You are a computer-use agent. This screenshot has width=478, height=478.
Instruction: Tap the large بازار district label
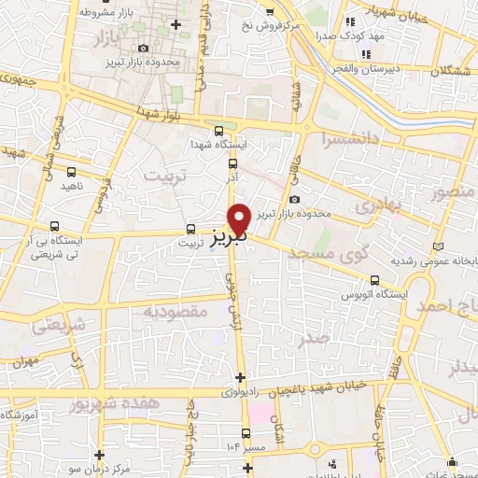click(x=110, y=38)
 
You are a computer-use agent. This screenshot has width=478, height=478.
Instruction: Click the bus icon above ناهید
click(x=73, y=171)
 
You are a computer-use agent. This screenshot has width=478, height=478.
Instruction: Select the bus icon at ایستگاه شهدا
click(x=218, y=131)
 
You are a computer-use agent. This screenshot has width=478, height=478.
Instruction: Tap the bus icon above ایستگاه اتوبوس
click(x=375, y=279)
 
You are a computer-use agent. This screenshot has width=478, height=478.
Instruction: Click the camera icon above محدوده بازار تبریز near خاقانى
click(x=295, y=198)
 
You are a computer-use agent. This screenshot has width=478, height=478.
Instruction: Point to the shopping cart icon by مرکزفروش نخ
click(x=270, y=12)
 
